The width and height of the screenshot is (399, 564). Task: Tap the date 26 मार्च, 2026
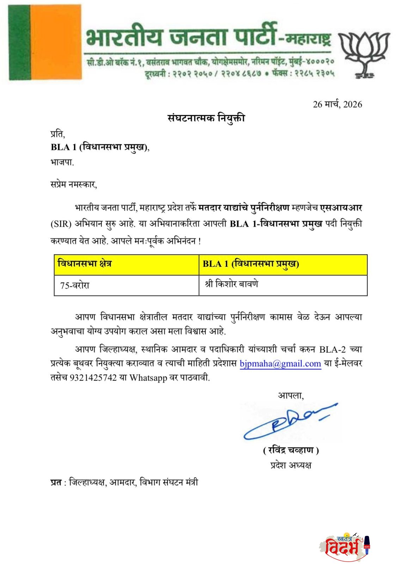337,104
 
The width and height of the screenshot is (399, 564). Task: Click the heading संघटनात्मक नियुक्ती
206,118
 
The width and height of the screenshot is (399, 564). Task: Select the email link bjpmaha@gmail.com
280,364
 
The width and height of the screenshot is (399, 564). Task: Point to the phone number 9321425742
93,378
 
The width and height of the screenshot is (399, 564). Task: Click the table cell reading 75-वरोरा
75,285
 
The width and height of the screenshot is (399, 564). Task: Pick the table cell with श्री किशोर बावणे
231,284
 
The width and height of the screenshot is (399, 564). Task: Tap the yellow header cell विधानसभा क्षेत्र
85,264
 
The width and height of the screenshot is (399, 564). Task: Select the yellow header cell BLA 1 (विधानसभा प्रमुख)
251,264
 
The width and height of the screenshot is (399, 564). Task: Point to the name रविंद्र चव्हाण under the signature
291,450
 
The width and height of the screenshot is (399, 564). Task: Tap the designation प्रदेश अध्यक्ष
291,465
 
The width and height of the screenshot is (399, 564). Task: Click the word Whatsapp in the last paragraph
148,378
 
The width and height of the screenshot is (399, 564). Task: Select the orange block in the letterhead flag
55,42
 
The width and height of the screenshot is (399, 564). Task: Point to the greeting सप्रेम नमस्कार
73,184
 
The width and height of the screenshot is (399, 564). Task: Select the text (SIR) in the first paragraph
61,225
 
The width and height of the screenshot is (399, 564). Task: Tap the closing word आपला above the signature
291,396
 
